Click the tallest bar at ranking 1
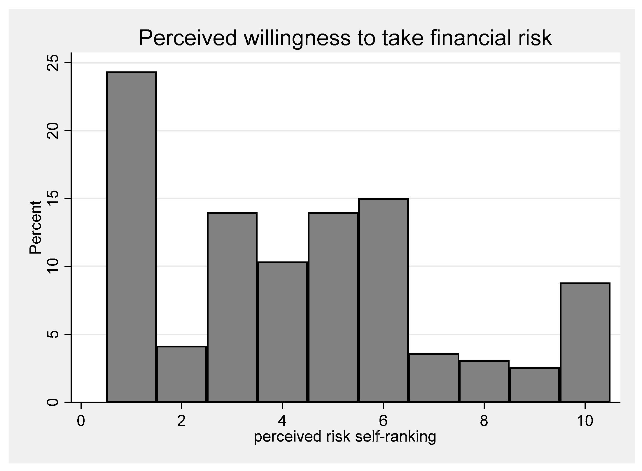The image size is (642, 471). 131,237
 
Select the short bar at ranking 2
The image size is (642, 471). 182,374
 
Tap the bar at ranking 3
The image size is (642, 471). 232,307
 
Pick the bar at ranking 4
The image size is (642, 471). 283,332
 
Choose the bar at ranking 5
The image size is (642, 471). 333,307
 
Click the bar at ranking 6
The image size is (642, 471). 383,300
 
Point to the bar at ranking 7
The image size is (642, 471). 434,378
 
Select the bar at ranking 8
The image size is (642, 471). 484,381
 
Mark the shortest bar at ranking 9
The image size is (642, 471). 534,385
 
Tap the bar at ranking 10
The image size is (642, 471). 585,342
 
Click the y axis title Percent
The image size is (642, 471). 36,227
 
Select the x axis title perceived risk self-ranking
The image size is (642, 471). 345,437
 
